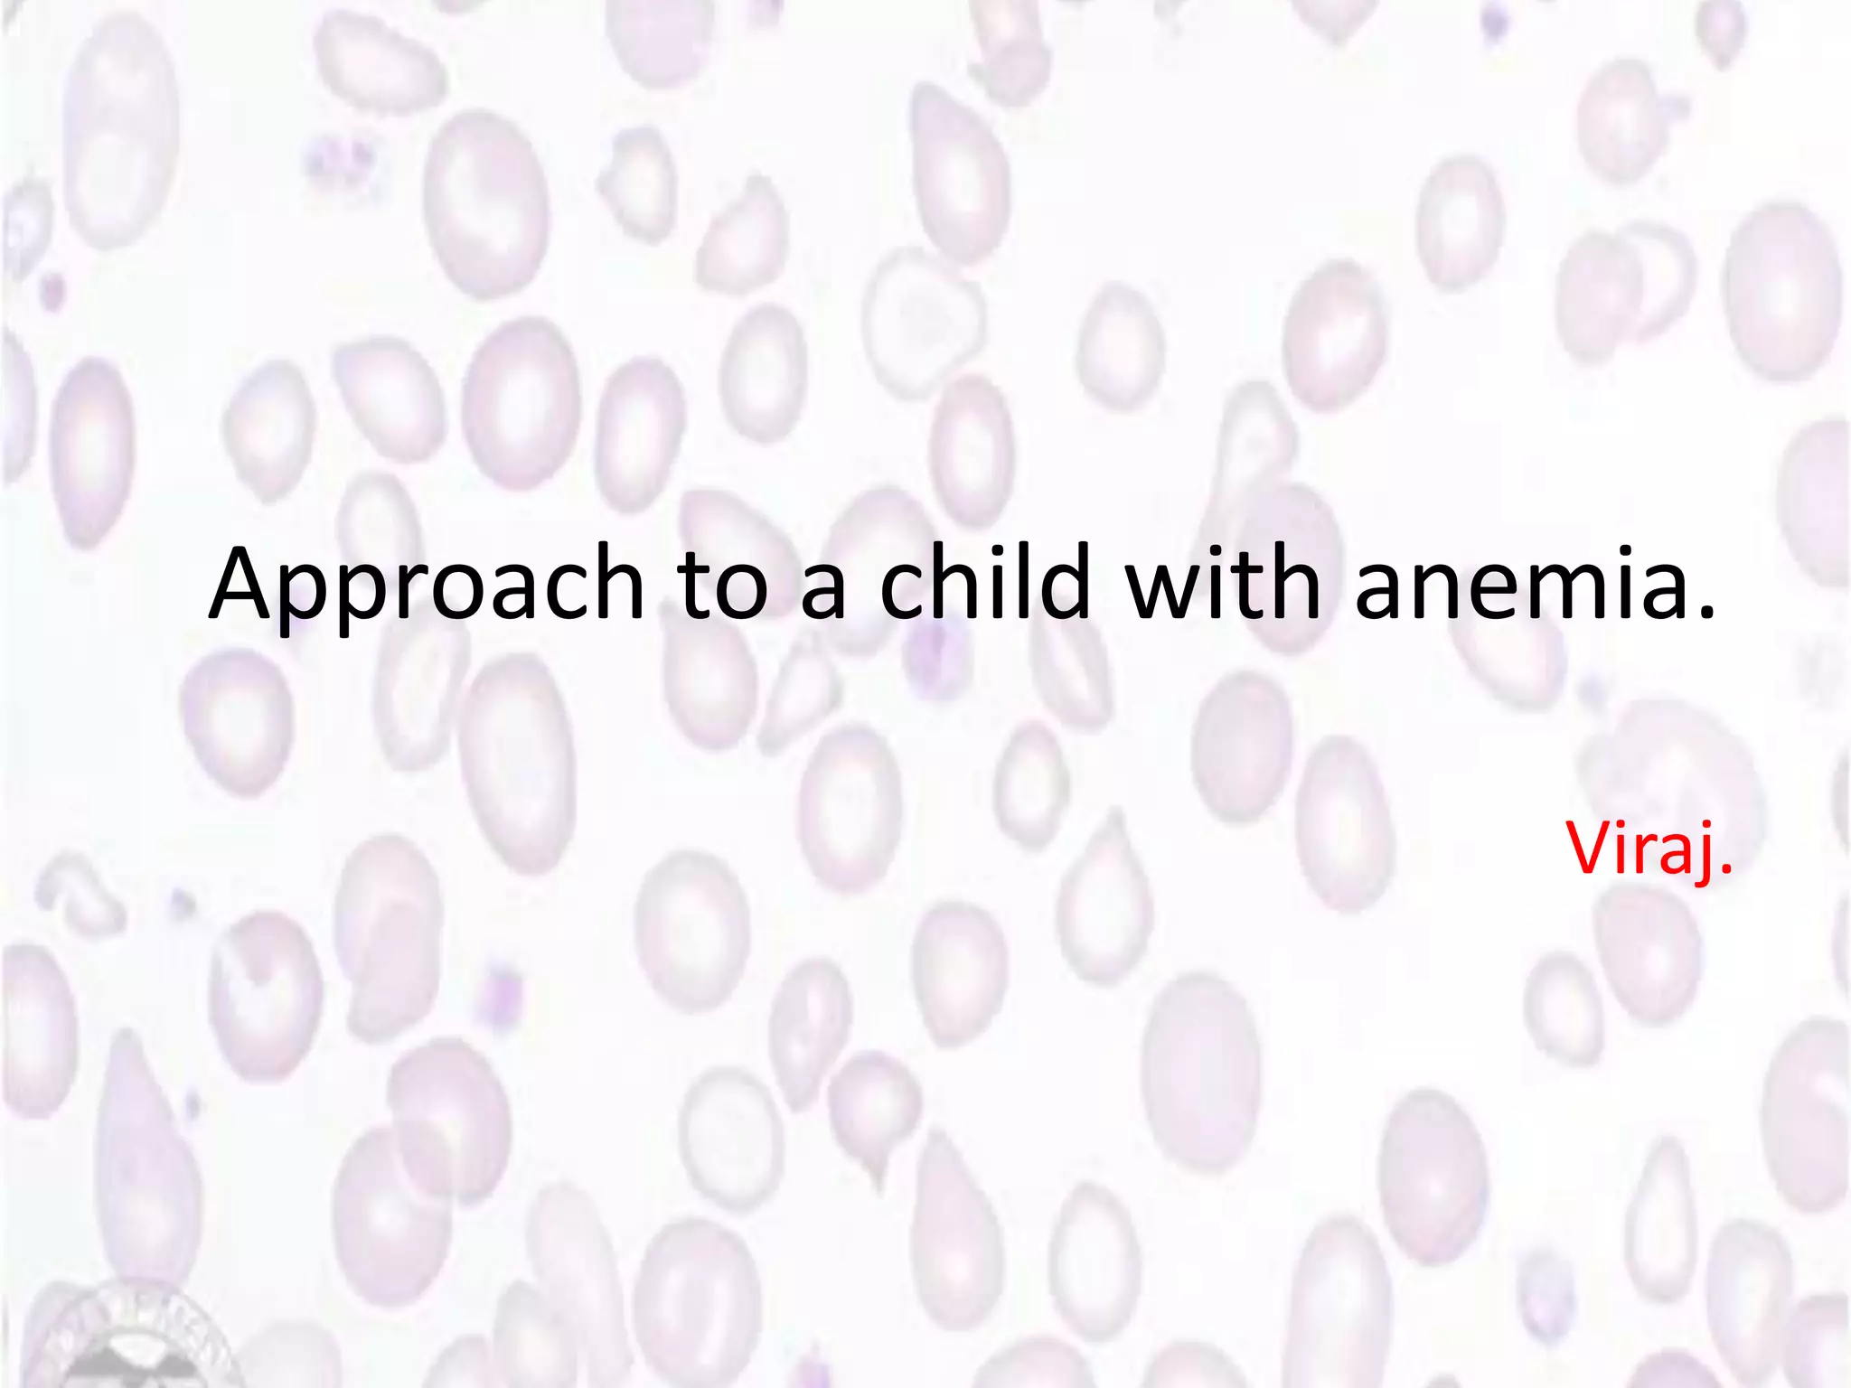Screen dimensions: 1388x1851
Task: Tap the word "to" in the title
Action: click(x=723, y=586)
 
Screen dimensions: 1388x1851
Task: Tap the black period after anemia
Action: click(x=1706, y=616)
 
